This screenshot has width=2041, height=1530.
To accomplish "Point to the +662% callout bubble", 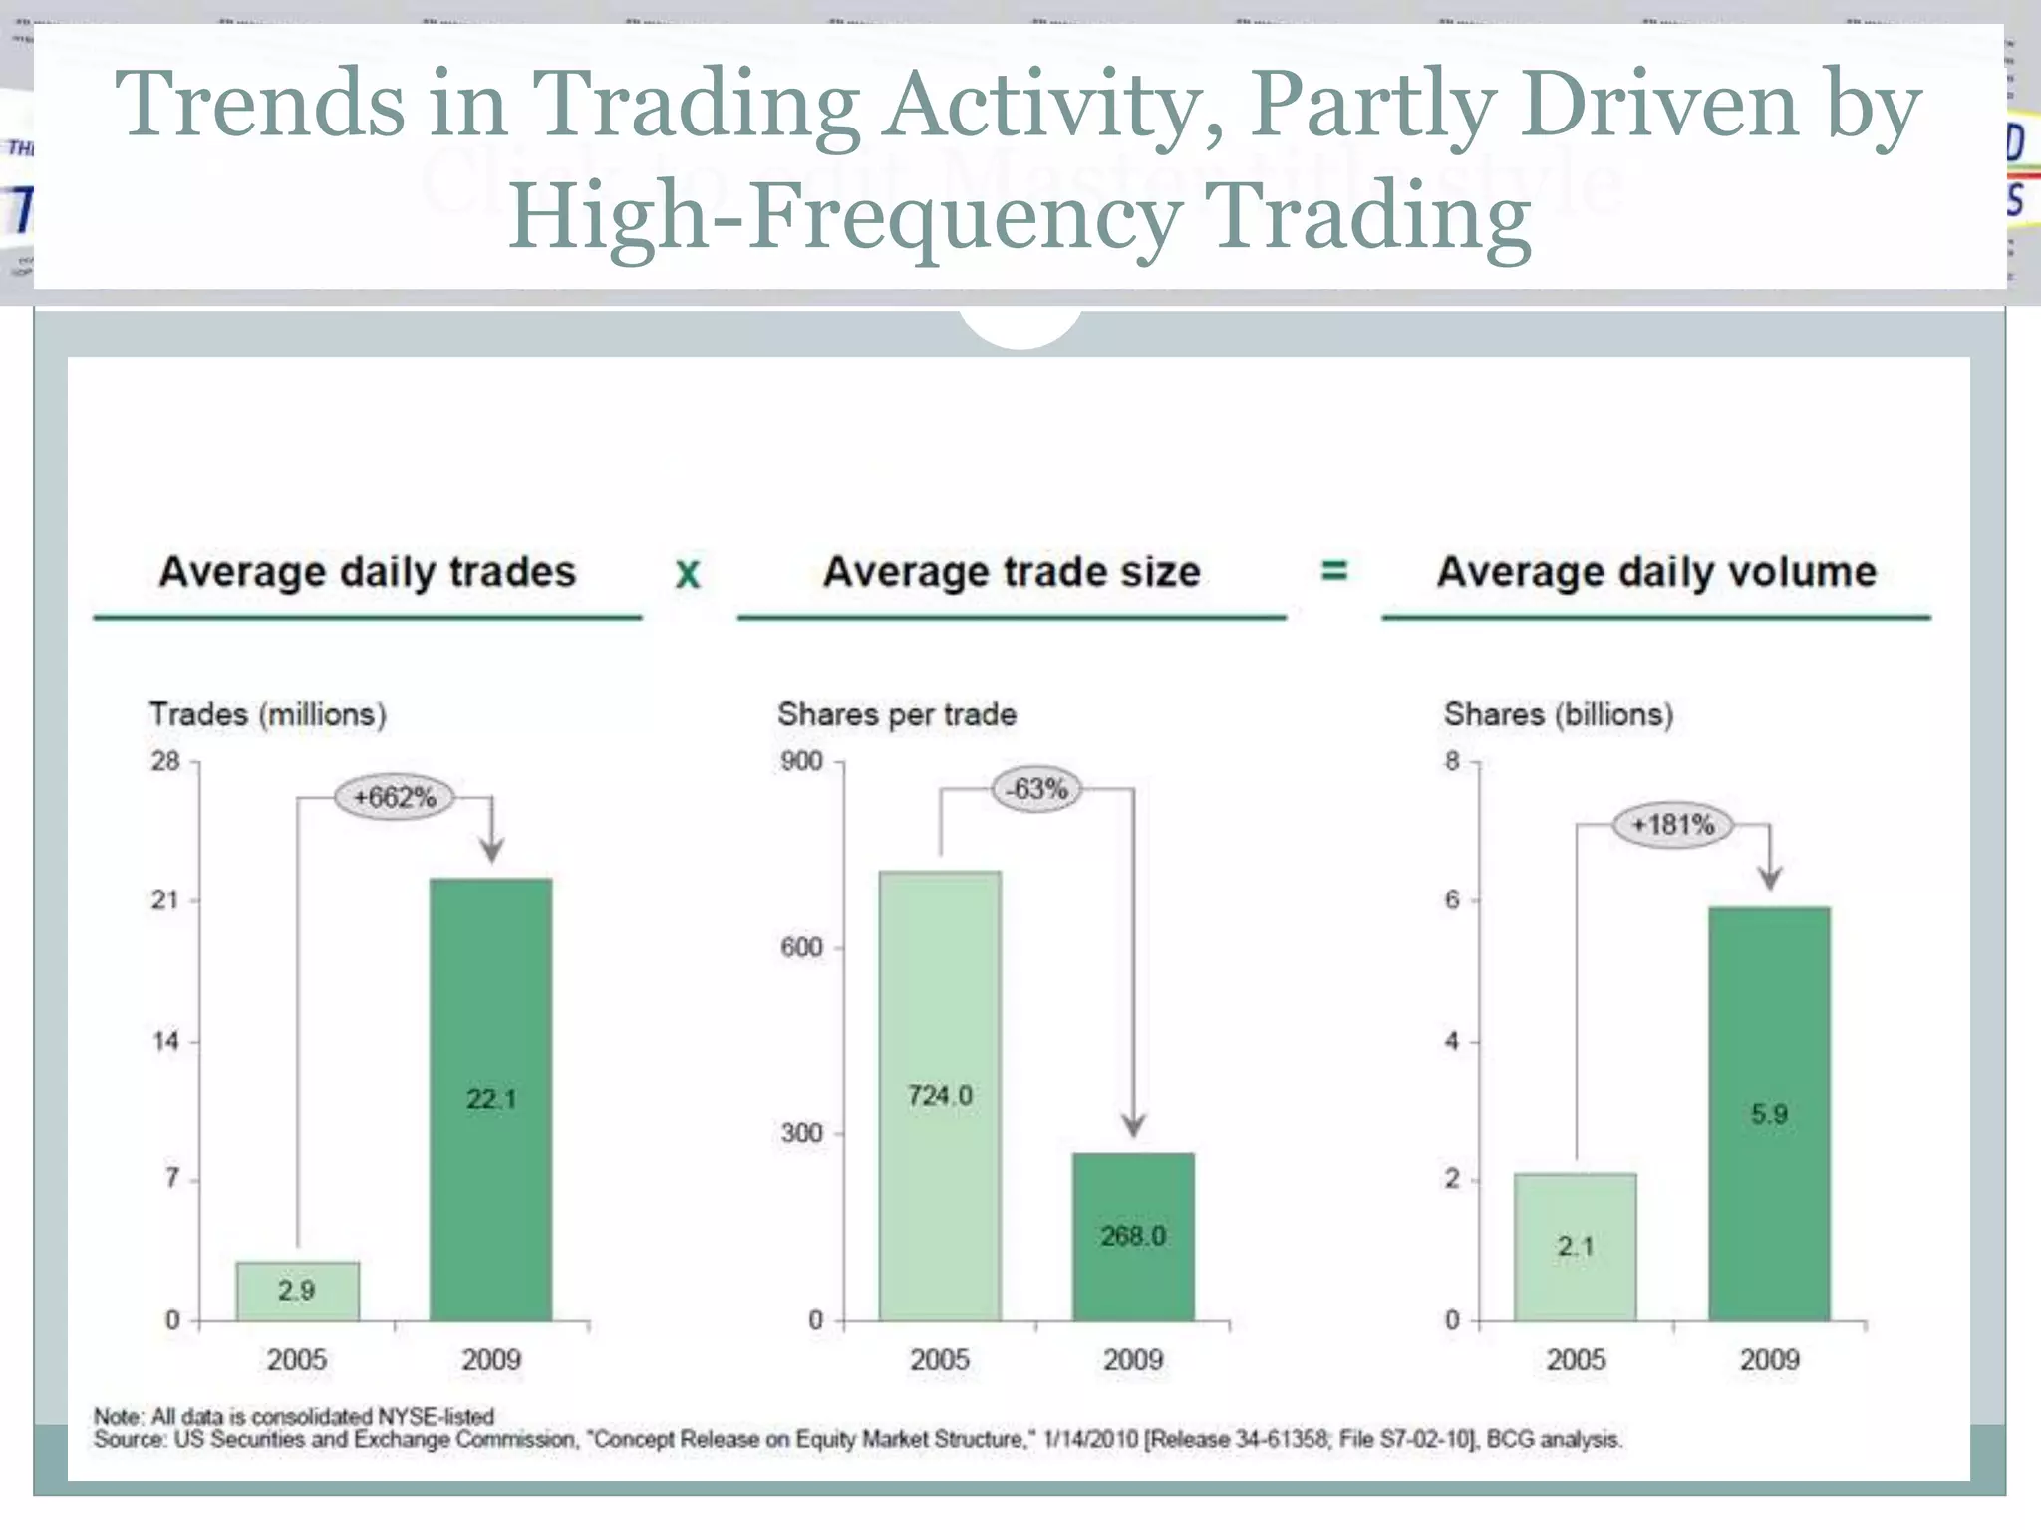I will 395,797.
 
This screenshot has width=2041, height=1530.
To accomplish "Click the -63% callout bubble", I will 1037,789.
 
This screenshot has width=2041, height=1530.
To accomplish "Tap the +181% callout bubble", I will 1673,824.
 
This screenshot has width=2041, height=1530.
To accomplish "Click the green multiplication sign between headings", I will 688,574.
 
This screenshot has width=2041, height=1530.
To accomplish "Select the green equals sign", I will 1333,570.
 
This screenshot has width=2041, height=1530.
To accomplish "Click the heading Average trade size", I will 1012,572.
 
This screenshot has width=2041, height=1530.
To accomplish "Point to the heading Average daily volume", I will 1656,572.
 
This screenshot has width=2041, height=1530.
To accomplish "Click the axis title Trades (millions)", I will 267,714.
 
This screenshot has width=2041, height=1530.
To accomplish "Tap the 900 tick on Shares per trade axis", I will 802,761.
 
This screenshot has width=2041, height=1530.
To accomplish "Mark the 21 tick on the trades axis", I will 165,900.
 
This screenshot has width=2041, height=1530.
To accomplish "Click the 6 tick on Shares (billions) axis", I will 1452,899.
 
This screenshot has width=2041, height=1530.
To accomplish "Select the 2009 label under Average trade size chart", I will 1133,1359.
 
